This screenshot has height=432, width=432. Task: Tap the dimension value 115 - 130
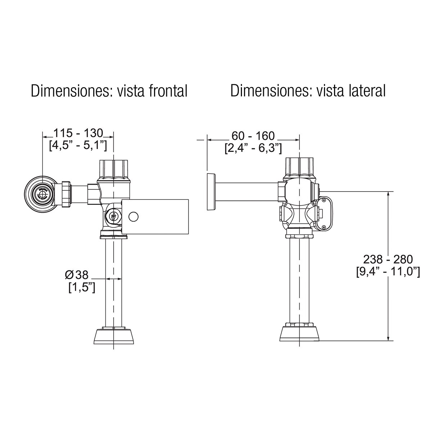78,133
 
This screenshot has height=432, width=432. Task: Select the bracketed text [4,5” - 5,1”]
78,145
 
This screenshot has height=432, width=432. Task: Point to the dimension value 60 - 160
253,136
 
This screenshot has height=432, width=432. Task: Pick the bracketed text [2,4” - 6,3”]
253,148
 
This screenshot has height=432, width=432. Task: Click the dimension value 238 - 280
388,259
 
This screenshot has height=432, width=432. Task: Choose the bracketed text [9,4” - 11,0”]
388,271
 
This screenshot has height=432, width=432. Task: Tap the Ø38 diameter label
77,275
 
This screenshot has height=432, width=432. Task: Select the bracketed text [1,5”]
82,287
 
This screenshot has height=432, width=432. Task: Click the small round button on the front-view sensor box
134,216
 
